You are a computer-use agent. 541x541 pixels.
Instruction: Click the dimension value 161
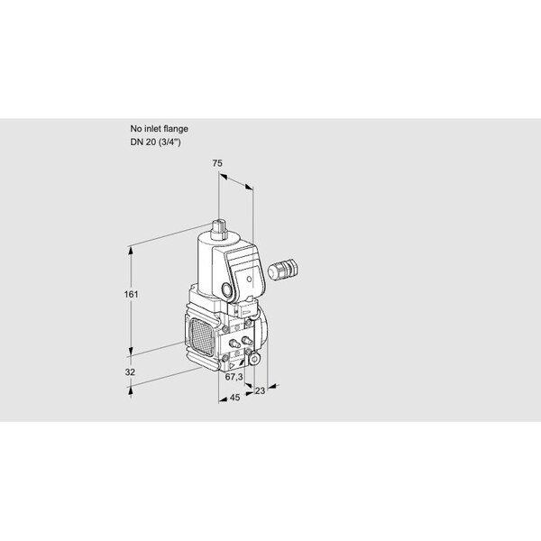click(x=131, y=294)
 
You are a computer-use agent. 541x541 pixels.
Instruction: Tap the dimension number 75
click(x=217, y=163)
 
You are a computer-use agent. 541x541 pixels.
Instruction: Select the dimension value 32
click(x=130, y=371)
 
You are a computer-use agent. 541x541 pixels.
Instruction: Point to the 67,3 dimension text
click(x=234, y=377)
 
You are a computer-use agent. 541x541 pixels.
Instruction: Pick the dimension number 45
click(x=234, y=398)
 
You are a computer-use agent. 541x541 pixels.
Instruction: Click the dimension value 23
click(x=261, y=390)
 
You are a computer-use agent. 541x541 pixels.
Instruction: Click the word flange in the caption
click(x=176, y=129)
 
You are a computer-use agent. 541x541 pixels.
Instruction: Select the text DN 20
click(x=143, y=142)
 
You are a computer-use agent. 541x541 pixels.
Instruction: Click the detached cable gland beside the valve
click(x=283, y=269)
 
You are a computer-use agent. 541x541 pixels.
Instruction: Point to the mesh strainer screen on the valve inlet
click(x=202, y=336)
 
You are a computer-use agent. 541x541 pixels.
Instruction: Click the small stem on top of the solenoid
click(x=218, y=229)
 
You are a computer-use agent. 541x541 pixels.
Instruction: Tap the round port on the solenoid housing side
click(x=226, y=289)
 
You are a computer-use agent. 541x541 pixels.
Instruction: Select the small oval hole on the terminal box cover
click(x=249, y=279)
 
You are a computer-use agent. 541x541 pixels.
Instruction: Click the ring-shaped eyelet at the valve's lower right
click(x=255, y=359)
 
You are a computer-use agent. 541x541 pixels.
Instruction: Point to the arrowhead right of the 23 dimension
click(x=272, y=387)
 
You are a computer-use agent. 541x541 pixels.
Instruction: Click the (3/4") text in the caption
click(x=170, y=142)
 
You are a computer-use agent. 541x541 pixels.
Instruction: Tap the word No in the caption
click(x=136, y=129)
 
